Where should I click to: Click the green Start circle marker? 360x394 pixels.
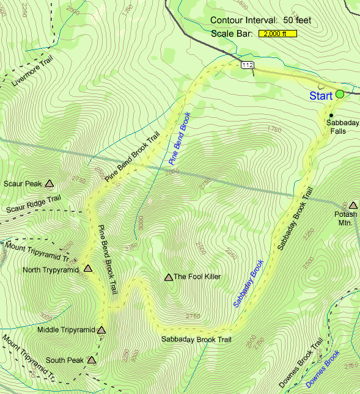point(340,94)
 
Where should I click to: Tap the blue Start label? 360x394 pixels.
point(321,96)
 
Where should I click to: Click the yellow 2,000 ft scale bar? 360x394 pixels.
point(277,34)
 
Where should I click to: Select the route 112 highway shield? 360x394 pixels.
point(247,65)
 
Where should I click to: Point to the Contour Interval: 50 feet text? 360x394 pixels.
point(260,20)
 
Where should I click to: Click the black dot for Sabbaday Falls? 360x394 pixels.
point(331,115)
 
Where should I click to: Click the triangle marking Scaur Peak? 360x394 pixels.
point(50,183)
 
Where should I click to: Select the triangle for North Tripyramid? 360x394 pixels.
point(87,268)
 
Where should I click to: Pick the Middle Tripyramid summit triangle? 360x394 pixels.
point(101,330)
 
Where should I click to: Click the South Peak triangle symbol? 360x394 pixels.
point(92,360)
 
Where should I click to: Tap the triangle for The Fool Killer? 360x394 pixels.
point(168,277)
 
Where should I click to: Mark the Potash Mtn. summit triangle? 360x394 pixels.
point(352,205)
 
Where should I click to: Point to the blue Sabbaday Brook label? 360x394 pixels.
point(248,283)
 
